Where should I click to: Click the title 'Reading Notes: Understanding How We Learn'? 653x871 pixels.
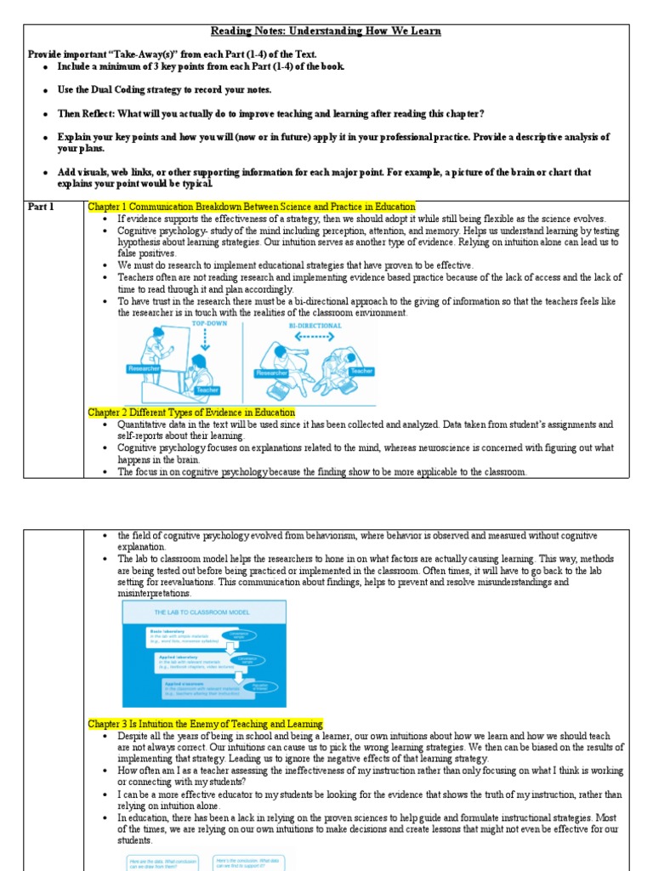tap(326, 31)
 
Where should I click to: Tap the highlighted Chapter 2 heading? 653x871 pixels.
tap(191, 413)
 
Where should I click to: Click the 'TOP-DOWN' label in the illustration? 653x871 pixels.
tap(211, 325)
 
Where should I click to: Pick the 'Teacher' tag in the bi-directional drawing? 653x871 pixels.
tap(361, 371)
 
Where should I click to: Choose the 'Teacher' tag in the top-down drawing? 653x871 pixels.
tap(207, 390)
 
